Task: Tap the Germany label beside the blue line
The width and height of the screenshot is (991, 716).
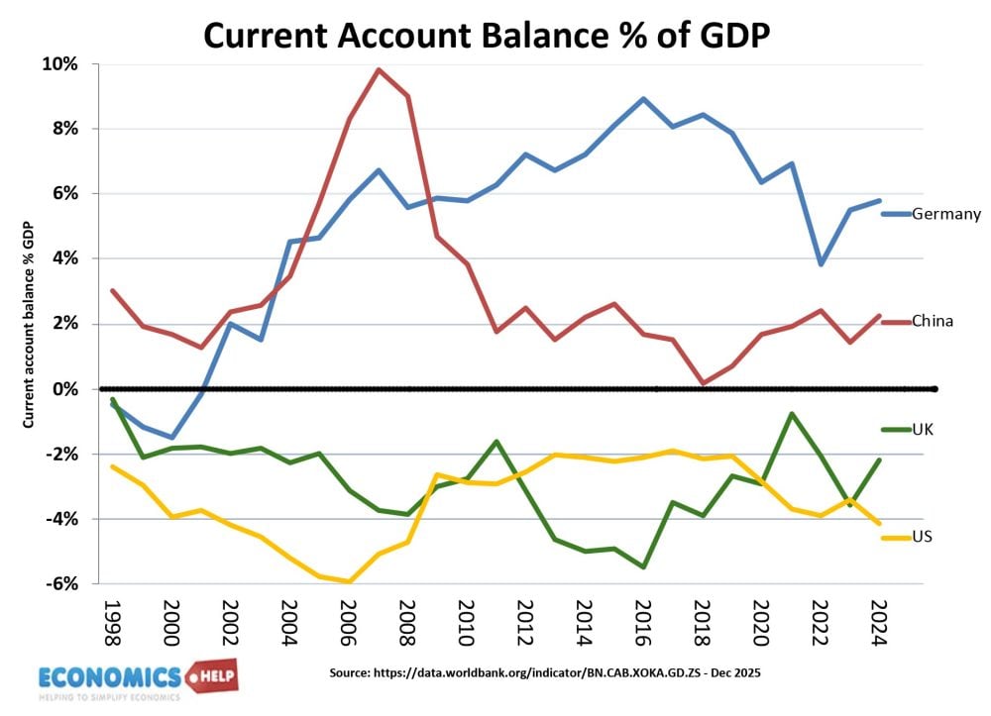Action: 946,214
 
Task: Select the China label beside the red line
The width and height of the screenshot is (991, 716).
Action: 932,321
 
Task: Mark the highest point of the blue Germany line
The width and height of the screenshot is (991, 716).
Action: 644,99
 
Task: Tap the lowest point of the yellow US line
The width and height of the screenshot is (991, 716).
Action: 349,582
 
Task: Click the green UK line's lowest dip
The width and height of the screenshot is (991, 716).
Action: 644,567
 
